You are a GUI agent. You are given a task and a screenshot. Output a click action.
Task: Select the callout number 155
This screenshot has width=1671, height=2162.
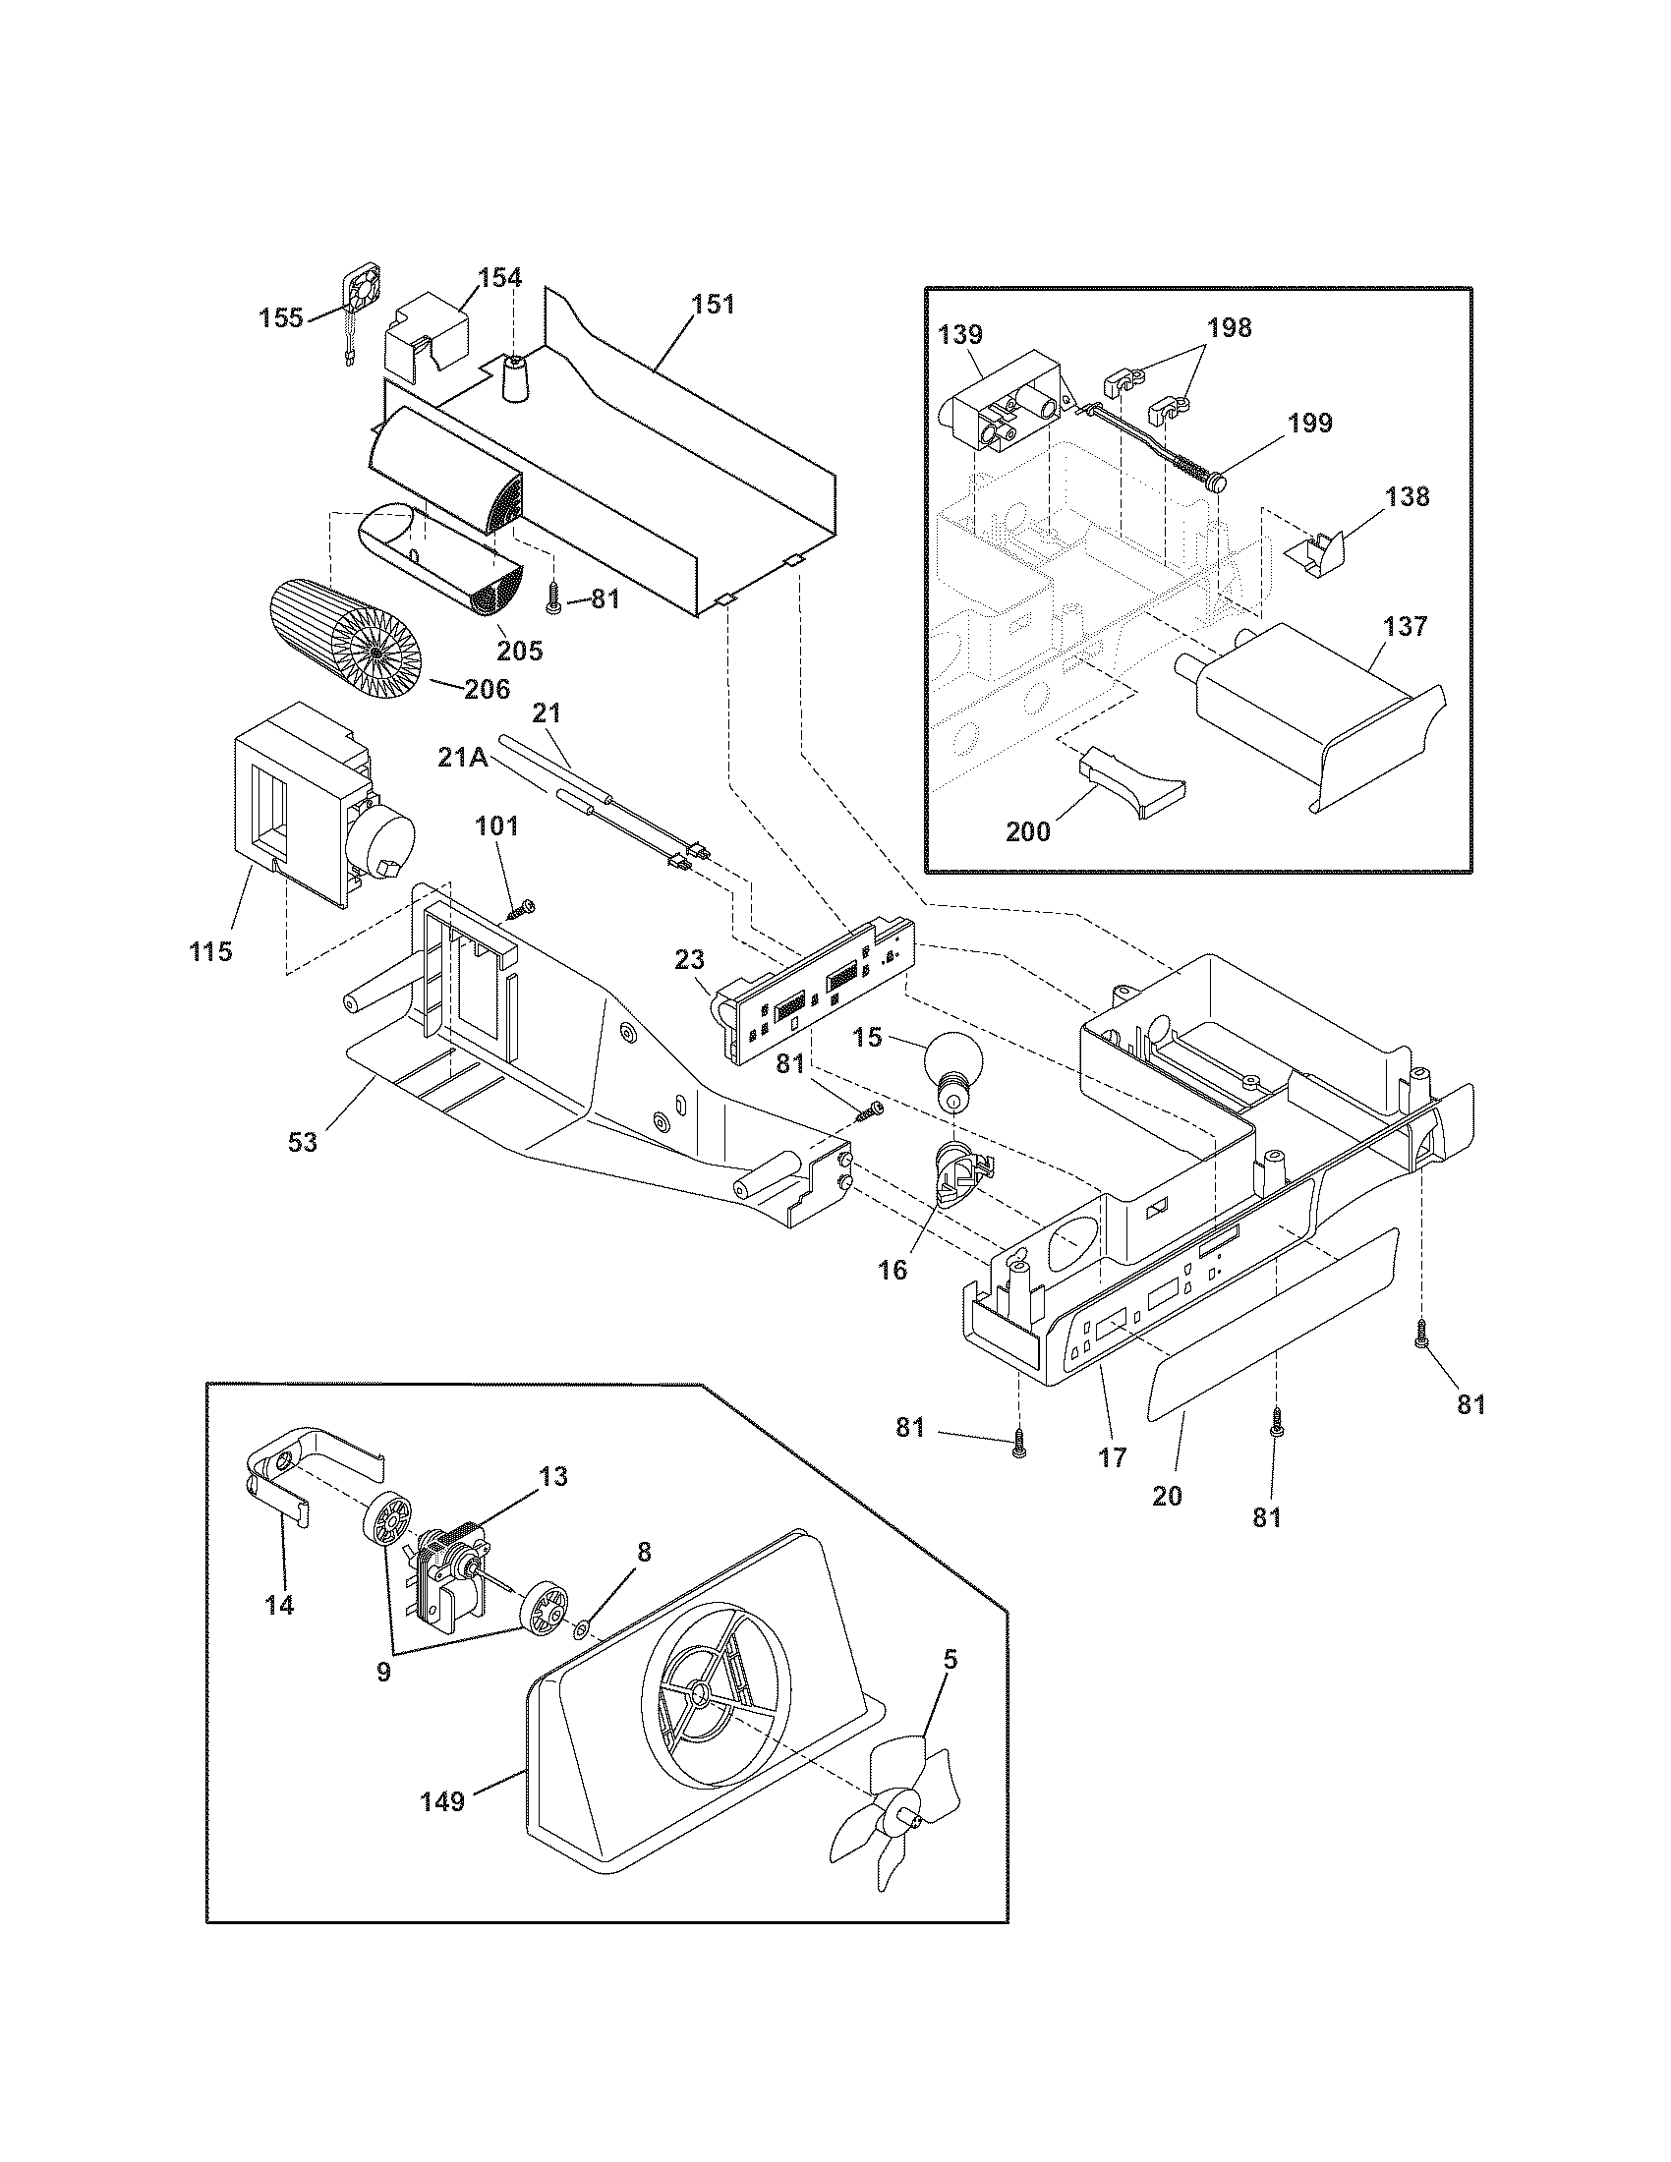[281, 317]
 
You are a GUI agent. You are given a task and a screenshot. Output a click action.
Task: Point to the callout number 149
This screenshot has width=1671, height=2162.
[442, 1801]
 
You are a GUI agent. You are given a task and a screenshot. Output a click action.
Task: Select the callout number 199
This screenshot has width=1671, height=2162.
[1309, 423]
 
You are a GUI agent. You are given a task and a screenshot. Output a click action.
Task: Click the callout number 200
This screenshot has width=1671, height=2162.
[1027, 831]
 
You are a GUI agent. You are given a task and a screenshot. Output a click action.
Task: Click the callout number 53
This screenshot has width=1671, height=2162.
[303, 1141]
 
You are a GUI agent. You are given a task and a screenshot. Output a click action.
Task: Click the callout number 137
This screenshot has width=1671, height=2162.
[1407, 626]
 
